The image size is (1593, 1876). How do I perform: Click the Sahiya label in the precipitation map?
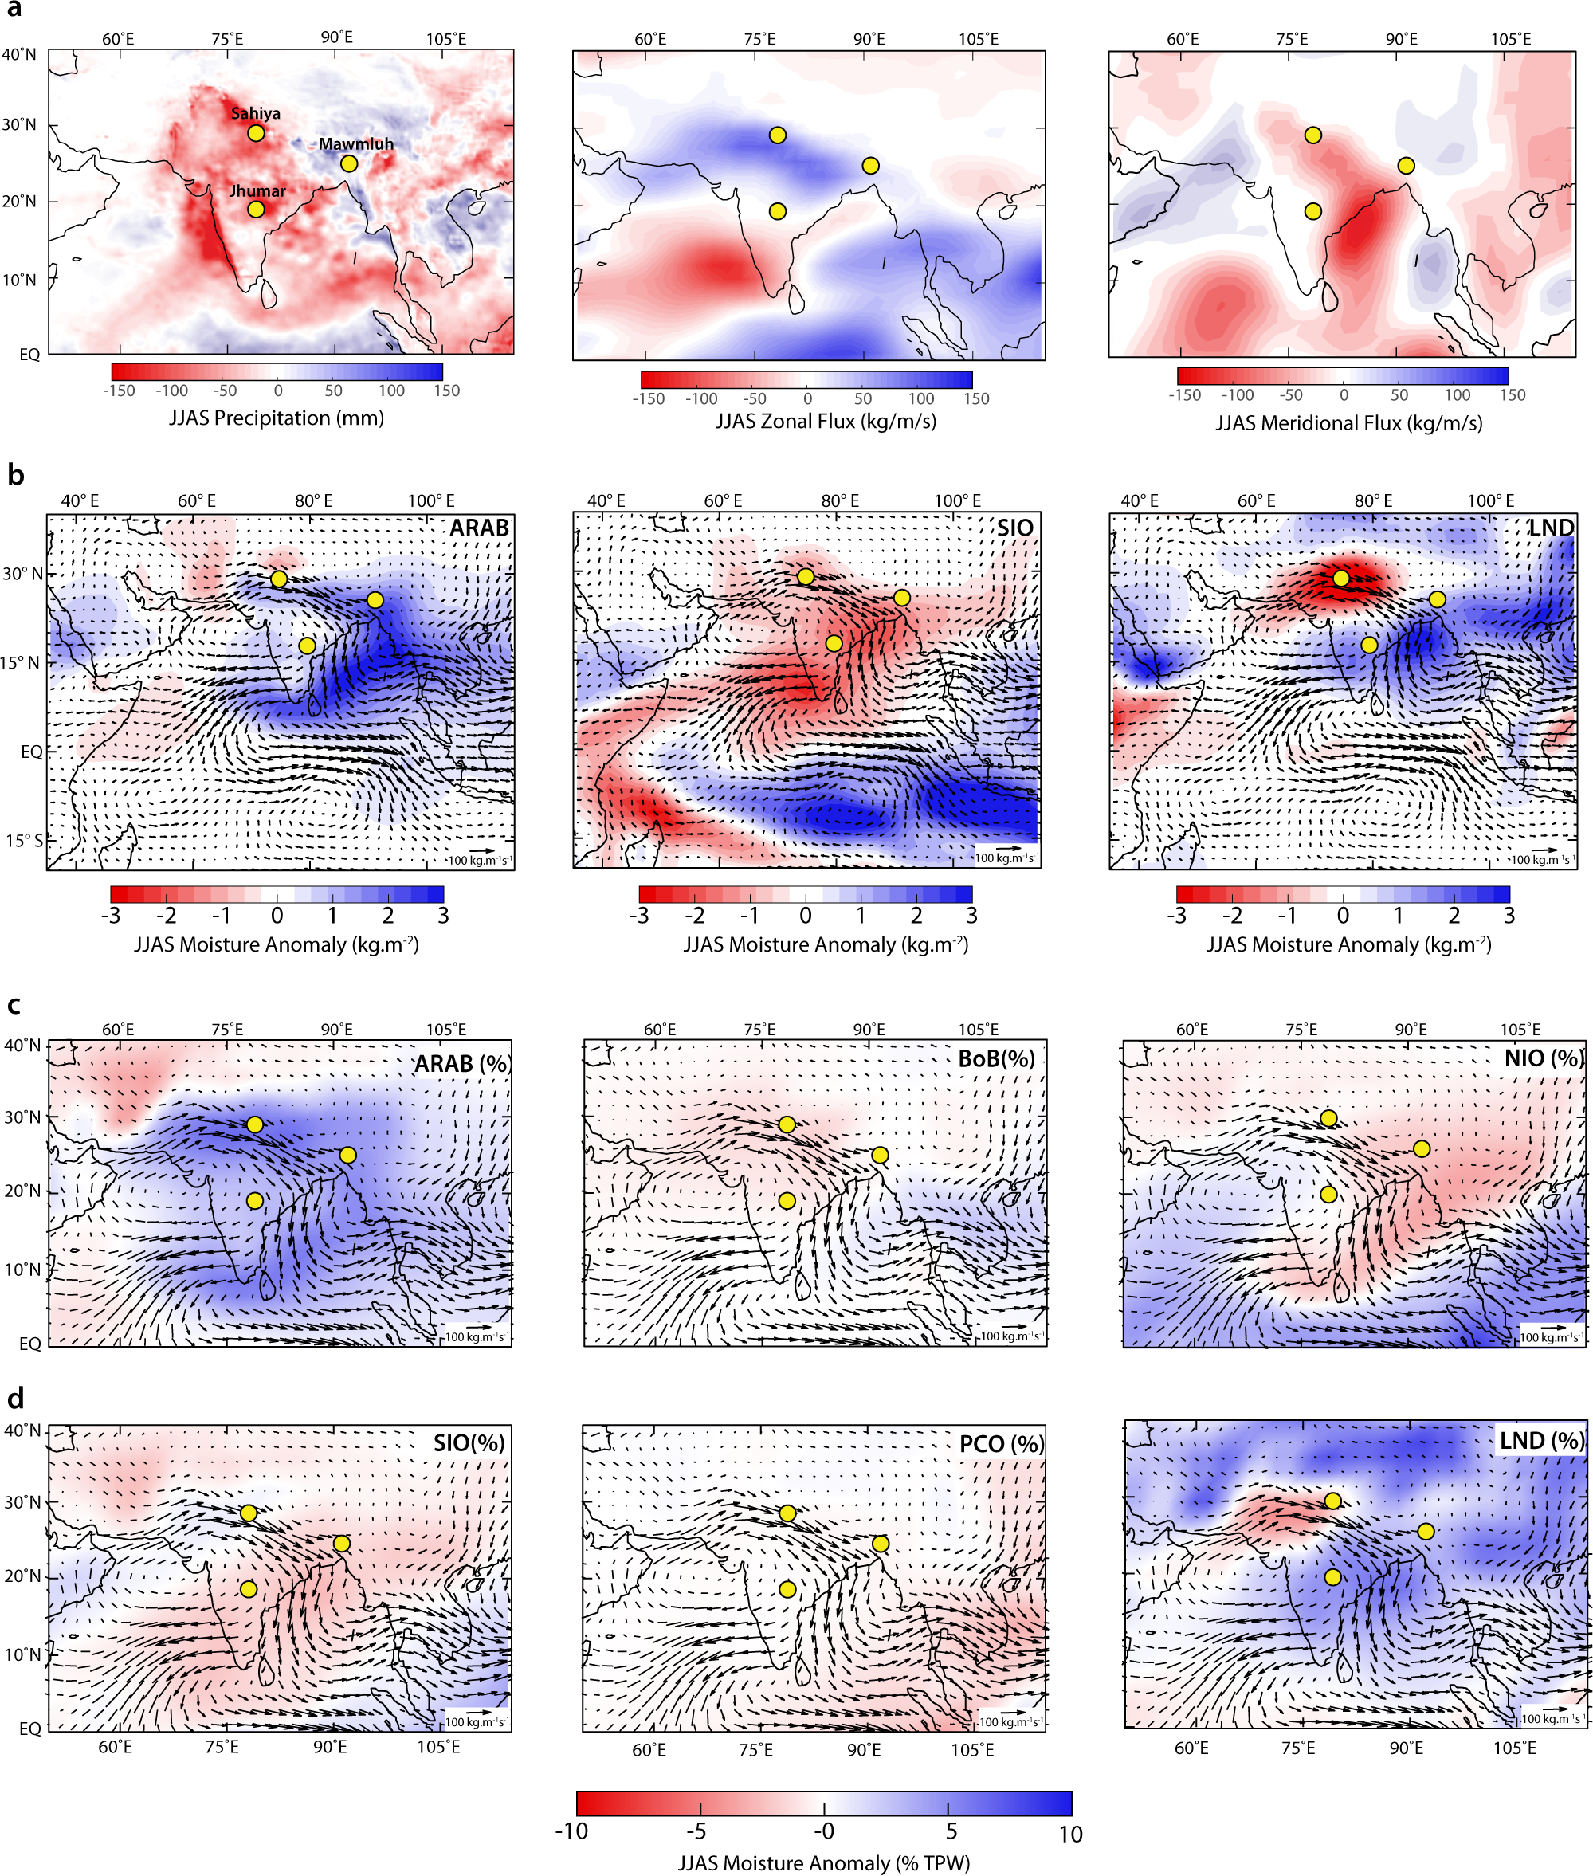[256, 113]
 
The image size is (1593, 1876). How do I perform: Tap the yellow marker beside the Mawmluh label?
[348, 163]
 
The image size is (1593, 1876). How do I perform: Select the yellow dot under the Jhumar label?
[256, 210]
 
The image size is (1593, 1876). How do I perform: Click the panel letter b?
[15, 475]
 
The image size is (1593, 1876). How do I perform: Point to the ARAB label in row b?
[480, 528]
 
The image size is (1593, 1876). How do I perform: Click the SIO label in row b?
[1015, 528]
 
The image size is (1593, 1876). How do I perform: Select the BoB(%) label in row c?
[996, 1058]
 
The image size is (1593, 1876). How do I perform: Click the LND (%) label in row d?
[1540, 1441]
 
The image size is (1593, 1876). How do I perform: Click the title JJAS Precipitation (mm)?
[277, 418]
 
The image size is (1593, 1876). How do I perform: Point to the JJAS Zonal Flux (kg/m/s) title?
[826, 421]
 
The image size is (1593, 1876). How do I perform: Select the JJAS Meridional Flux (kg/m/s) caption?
[1348, 422]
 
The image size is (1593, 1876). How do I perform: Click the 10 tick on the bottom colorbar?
[1069, 1834]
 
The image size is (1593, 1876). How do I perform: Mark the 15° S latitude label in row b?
[22, 840]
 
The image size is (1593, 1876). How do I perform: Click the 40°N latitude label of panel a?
[19, 54]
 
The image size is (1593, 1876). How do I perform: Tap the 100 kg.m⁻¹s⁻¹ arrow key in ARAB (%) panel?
[476, 1336]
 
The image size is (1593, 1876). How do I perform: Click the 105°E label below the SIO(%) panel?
[438, 1747]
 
